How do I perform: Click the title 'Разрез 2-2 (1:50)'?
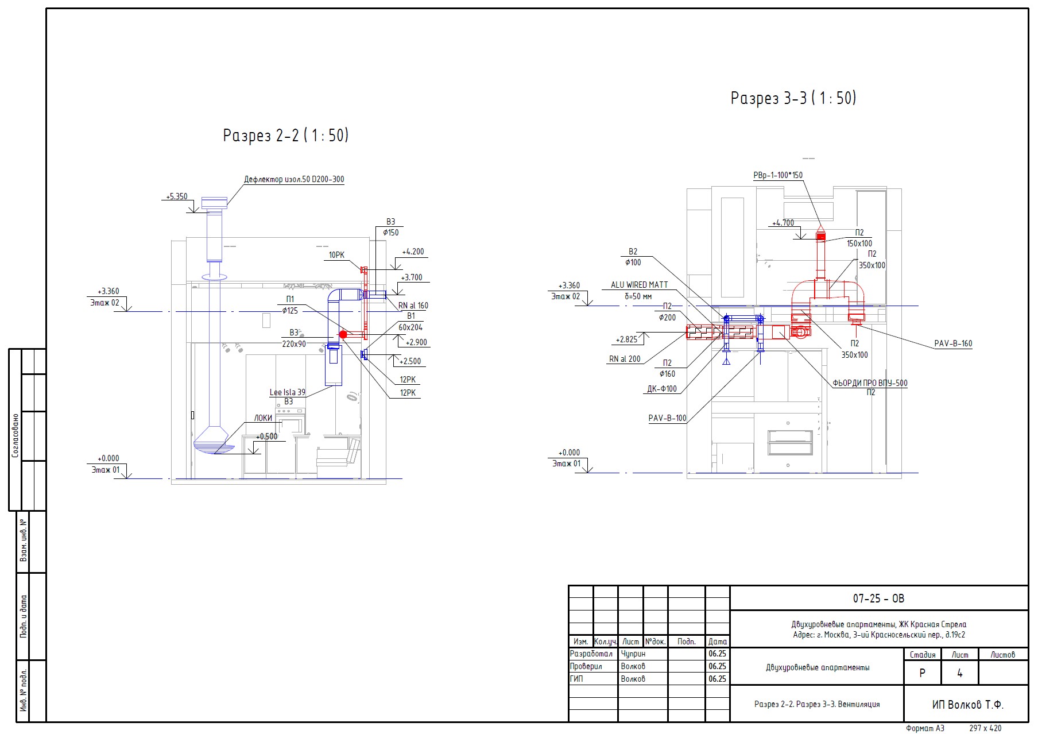pyautogui.click(x=285, y=136)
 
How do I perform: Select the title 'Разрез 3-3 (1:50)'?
pyautogui.click(x=793, y=98)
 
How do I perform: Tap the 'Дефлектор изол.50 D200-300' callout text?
pyautogui.click(x=294, y=179)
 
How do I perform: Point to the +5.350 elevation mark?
pyautogui.click(x=177, y=196)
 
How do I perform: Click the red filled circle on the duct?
pyautogui.click(x=343, y=334)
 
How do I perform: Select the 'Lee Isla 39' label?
pyautogui.click(x=287, y=392)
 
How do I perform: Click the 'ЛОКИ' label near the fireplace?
pyautogui.click(x=263, y=418)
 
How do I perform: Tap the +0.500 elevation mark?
pyautogui.click(x=266, y=436)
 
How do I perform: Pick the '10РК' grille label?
pyautogui.click(x=336, y=255)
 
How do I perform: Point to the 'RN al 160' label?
pyautogui.click(x=413, y=306)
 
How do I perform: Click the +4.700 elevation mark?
pyautogui.click(x=783, y=223)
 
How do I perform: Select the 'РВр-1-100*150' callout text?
pyautogui.click(x=778, y=175)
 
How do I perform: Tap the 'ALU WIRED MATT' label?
pyautogui.click(x=639, y=285)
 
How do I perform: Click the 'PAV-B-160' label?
pyautogui.click(x=953, y=343)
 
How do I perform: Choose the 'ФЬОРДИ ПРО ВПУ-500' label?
pyautogui.click(x=870, y=383)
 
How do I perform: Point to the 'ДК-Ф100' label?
pyautogui.click(x=661, y=389)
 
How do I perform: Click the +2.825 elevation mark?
pyautogui.click(x=626, y=339)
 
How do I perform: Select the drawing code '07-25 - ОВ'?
pyautogui.click(x=878, y=598)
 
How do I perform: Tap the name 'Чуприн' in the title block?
pyautogui.click(x=633, y=654)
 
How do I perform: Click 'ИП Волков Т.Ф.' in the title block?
pyautogui.click(x=967, y=705)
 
